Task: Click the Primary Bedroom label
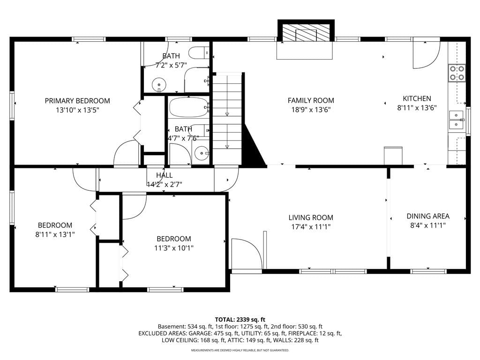pos(77,101)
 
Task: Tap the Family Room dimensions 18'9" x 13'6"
pos(311,110)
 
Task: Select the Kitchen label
pos(417,98)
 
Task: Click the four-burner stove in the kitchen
pos(457,73)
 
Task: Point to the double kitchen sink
pos(457,120)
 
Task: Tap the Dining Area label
pos(428,216)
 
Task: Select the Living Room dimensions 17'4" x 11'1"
pos(311,227)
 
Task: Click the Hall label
pos(165,175)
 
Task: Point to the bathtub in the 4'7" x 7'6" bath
pos(188,107)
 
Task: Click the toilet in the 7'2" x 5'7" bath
pos(199,53)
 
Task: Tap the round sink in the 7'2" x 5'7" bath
pos(159,84)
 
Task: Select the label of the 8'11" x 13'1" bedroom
pos(55,225)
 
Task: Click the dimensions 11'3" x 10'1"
pos(173,248)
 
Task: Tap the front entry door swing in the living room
pos(247,254)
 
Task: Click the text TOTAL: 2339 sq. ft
pos(240,320)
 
